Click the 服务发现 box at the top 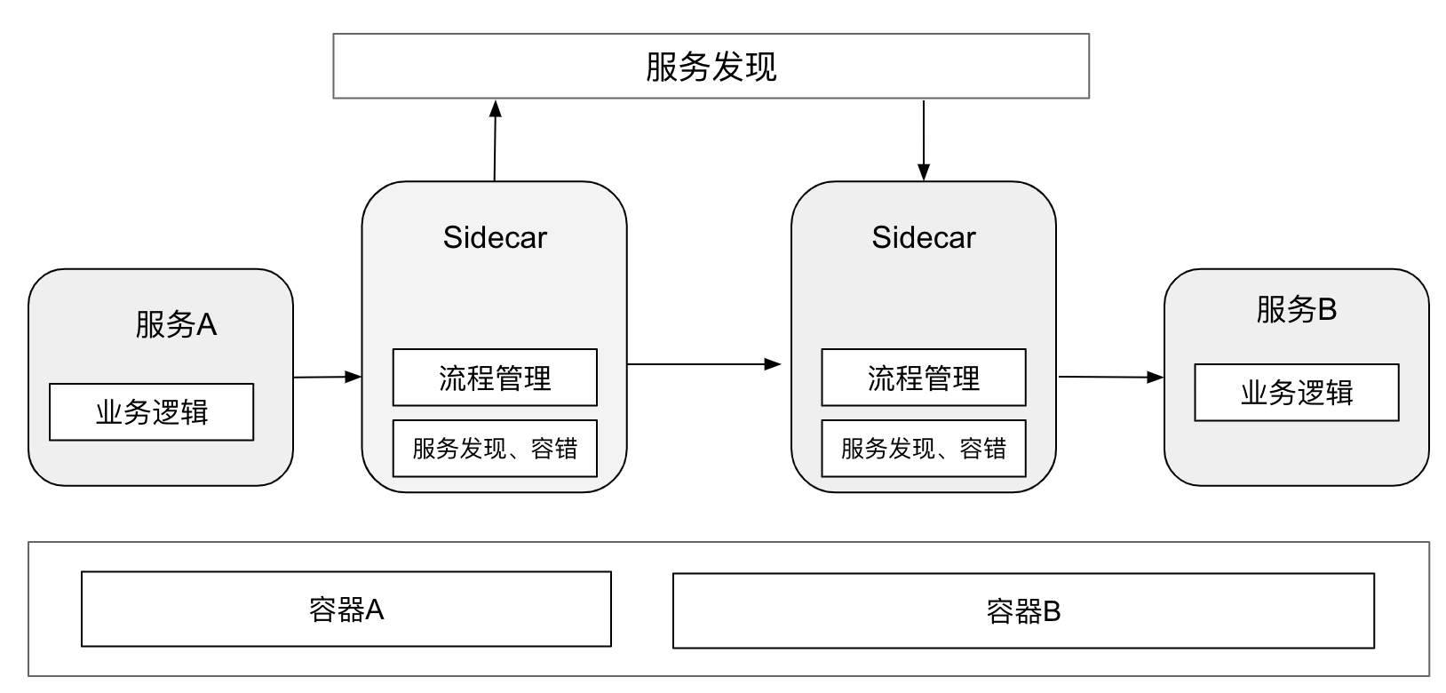point(711,67)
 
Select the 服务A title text point(176,325)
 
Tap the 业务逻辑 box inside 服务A point(151,412)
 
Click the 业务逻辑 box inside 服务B point(1296,393)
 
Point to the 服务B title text point(1296,309)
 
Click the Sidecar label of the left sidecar point(495,237)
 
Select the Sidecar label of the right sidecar point(923,237)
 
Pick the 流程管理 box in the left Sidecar point(495,378)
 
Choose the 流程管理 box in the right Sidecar point(923,378)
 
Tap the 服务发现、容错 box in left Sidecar point(495,449)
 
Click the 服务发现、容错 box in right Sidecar point(923,449)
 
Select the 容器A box point(346,609)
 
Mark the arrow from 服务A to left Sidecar point(327,377)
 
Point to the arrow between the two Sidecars point(703,364)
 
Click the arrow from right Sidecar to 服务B point(1110,377)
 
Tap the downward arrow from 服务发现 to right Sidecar point(924,140)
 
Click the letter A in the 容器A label point(375,609)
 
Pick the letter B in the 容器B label point(1052,611)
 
